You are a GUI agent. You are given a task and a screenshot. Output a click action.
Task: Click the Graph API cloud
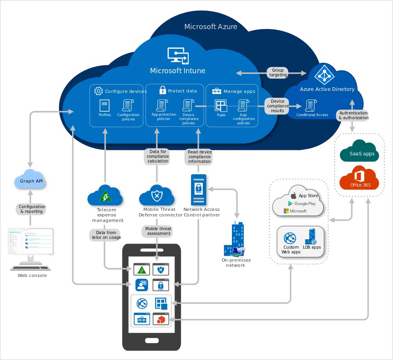pos(30,180)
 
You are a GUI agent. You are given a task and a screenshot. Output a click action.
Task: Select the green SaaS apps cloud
pos(359,151)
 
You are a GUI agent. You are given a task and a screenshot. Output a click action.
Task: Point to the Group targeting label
pos(278,73)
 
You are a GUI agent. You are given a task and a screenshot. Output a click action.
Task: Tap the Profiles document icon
pos(104,105)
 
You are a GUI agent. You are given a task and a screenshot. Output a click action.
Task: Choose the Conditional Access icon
pos(311,105)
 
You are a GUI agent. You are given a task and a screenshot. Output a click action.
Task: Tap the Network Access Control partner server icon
pos(199,189)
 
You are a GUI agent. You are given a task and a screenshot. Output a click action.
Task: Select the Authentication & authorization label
pos(353,115)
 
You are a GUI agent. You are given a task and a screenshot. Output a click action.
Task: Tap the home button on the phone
pos(152,340)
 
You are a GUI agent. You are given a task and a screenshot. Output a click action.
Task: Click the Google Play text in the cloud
pos(305,203)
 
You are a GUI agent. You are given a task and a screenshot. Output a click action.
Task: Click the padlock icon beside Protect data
pos(162,90)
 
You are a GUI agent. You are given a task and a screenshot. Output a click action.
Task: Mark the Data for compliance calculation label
pos(158,156)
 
